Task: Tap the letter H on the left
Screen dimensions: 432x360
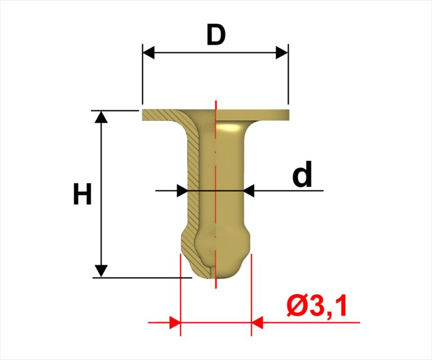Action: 82,194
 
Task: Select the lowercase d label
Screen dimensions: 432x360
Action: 302,174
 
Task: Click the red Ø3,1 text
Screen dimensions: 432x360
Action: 316,307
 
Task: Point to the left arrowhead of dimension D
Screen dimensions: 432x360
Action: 148,52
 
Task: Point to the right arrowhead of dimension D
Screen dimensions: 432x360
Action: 282,52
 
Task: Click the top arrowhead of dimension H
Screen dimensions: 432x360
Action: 101,116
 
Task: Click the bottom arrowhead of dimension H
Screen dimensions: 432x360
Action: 101,271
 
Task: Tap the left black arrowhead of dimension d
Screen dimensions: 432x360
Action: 182,191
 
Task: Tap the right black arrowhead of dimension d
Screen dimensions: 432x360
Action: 249,191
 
